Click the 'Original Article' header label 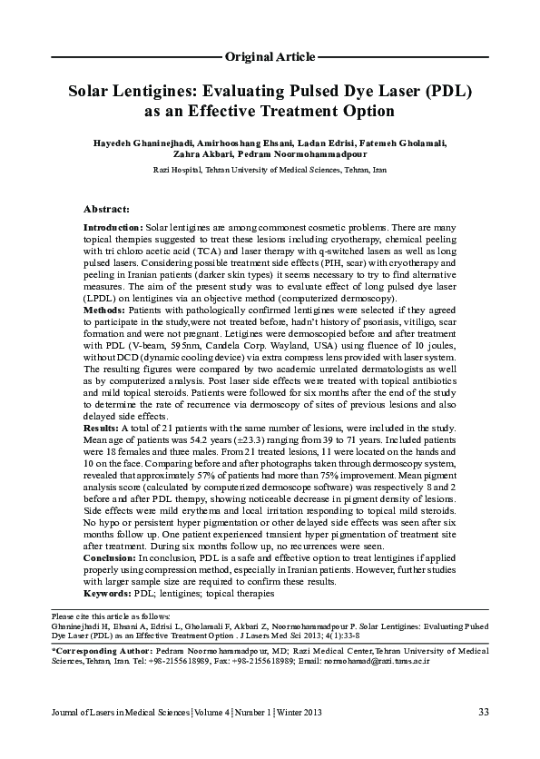point(270,56)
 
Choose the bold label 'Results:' point(100,426)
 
